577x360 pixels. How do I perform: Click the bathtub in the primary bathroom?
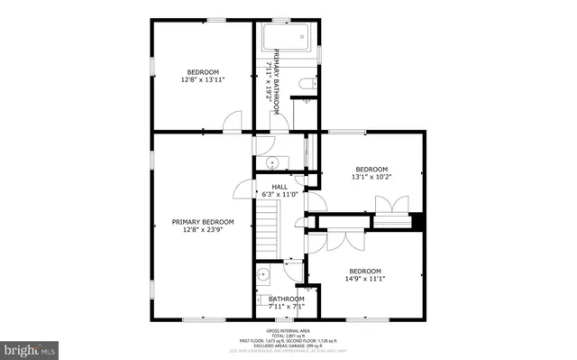[288, 38]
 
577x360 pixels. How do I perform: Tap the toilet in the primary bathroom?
[307, 84]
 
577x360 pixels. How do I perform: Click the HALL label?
[279, 187]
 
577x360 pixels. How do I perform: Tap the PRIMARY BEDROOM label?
[203, 222]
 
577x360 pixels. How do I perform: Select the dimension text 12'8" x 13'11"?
[202, 79]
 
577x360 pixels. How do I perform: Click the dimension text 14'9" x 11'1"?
[365, 279]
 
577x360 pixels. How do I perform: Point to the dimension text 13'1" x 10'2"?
[371, 177]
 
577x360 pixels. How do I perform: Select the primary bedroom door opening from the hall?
[243, 188]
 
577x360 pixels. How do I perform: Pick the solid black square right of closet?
[417, 221]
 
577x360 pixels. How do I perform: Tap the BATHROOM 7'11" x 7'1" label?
[286, 302]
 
